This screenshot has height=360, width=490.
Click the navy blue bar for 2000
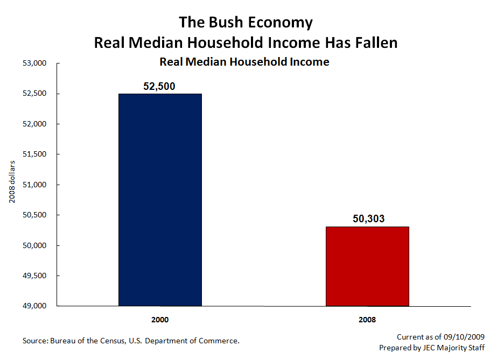(x=160, y=200)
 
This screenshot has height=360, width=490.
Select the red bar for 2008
(x=367, y=266)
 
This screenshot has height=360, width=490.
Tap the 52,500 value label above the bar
(x=160, y=86)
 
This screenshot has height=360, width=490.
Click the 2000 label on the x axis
(x=160, y=320)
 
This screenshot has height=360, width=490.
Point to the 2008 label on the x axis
(x=367, y=320)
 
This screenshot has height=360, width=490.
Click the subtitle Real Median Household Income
(x=244, y=62)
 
